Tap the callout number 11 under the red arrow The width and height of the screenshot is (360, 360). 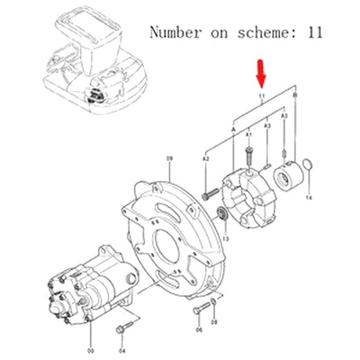[x=262, y=95]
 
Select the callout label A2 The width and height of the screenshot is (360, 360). [x=206, y=157]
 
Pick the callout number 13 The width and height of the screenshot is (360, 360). [x=226, y=239]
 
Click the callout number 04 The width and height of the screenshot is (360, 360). [x=124, y=339]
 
